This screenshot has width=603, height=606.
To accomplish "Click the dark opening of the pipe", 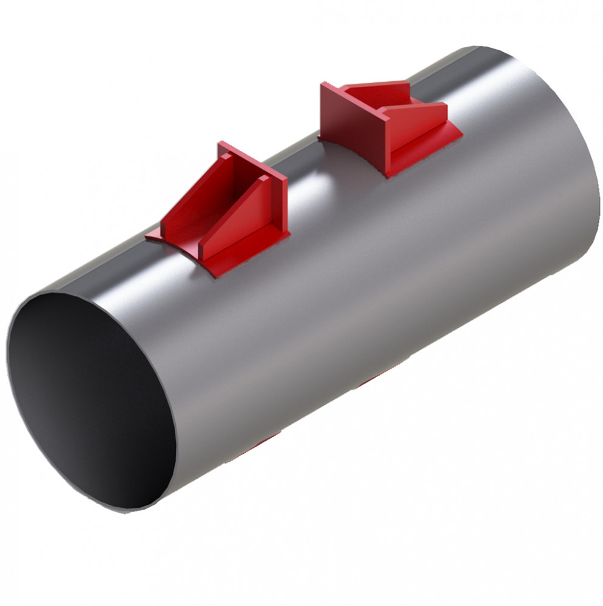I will click(91, 400).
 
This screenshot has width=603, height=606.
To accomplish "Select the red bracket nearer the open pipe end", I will click(224, 212).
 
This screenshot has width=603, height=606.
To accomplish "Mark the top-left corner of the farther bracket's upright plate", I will click(323, 85).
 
